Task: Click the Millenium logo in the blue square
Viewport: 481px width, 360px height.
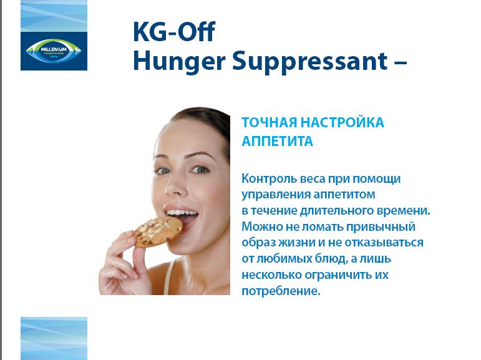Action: [x=54, y=51]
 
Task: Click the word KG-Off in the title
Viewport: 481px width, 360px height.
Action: [x=174, y=31]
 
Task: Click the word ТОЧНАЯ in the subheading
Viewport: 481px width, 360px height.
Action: [x=270, y=122]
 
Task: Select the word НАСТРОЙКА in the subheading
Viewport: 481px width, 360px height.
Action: [x=342, y=122]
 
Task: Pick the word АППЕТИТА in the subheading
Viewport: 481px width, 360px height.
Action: [x=278, y=142]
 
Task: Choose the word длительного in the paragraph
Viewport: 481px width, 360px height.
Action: [x=336, y=211]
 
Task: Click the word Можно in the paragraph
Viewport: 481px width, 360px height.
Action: [x=262, y=227]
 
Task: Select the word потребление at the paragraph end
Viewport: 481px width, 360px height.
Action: [x=281, y=291]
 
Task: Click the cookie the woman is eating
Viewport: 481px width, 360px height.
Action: [x=158, y=231]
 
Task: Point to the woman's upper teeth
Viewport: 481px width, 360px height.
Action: [x=181, y=212]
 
